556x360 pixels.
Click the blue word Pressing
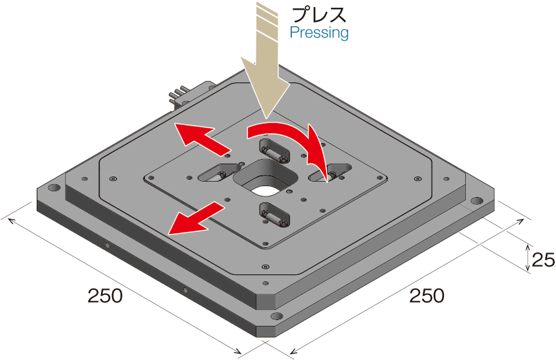[x=319, y=33]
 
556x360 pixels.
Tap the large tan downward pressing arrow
[x=267, y=61]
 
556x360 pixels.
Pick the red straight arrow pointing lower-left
[x=196, y=218]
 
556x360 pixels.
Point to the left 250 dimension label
[x=105, y=296]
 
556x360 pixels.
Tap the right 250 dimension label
[x=427, y=296]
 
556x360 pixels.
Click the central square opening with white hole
[x=265, y=178]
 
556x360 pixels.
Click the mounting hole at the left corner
[x=54, y=187]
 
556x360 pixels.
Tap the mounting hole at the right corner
[x=476, y=202]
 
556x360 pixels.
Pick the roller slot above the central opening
[x=275, y=151]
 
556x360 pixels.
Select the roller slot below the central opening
[x=275, y=214]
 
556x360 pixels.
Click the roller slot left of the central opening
[x=220, y=172]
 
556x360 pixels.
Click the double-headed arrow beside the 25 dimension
[x=528, y=258]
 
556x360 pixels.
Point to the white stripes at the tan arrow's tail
[x=266, y=18]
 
